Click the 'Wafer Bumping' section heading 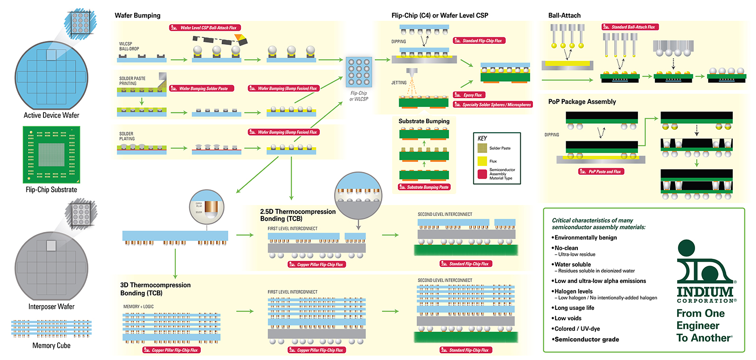pos(137,16)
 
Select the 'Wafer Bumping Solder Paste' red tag pos(202,88)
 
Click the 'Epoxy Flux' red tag pos(469,95)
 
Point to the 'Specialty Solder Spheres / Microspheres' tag pos(493,105)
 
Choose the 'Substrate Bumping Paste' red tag pos(424,187)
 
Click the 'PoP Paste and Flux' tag pos(601,171)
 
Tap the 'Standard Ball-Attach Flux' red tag pos(630,27)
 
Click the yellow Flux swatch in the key pos(482,161)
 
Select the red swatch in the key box pos(482,174)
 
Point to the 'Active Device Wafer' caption pos(52,115)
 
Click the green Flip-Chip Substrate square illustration pos(52,154)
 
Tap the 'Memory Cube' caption pos(52,346)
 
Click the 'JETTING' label pos(399,83)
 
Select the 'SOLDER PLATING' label pos(127,136)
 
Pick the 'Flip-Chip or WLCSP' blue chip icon pos(359,72)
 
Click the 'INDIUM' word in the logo pos(705,291)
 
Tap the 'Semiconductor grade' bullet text pos(586,339)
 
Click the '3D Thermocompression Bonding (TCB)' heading pos(155,289)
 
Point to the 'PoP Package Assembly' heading pos(582,102)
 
